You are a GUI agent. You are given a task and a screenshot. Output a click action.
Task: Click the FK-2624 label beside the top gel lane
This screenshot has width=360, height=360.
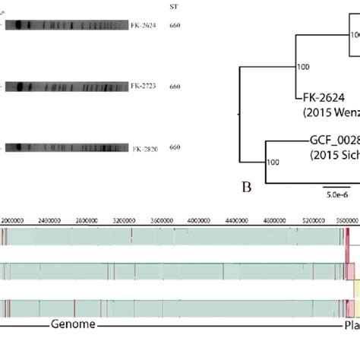click(142, 25)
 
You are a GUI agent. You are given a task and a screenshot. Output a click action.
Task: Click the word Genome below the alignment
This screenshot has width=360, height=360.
click(74, 346)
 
